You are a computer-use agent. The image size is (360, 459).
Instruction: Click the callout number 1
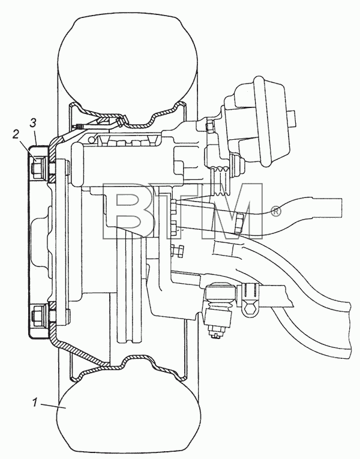[35, 403]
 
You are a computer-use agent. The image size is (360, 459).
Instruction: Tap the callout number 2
[16, 134]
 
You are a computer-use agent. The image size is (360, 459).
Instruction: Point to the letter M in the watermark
[231, 211]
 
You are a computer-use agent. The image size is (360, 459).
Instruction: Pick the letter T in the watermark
[176, 211]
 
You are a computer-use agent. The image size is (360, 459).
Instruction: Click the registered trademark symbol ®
[276, 211]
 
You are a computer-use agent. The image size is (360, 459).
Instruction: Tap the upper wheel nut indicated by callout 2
[38, 167]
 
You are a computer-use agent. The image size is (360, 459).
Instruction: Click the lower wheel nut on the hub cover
[38, 316]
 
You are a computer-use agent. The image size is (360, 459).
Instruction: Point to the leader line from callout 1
[54, 406]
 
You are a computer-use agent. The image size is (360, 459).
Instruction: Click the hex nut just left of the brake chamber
[210, 127]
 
